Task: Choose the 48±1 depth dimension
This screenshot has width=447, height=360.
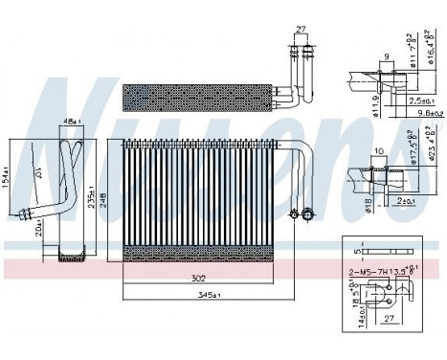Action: coord(70,122)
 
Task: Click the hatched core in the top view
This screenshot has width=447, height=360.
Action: coord(195,96)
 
